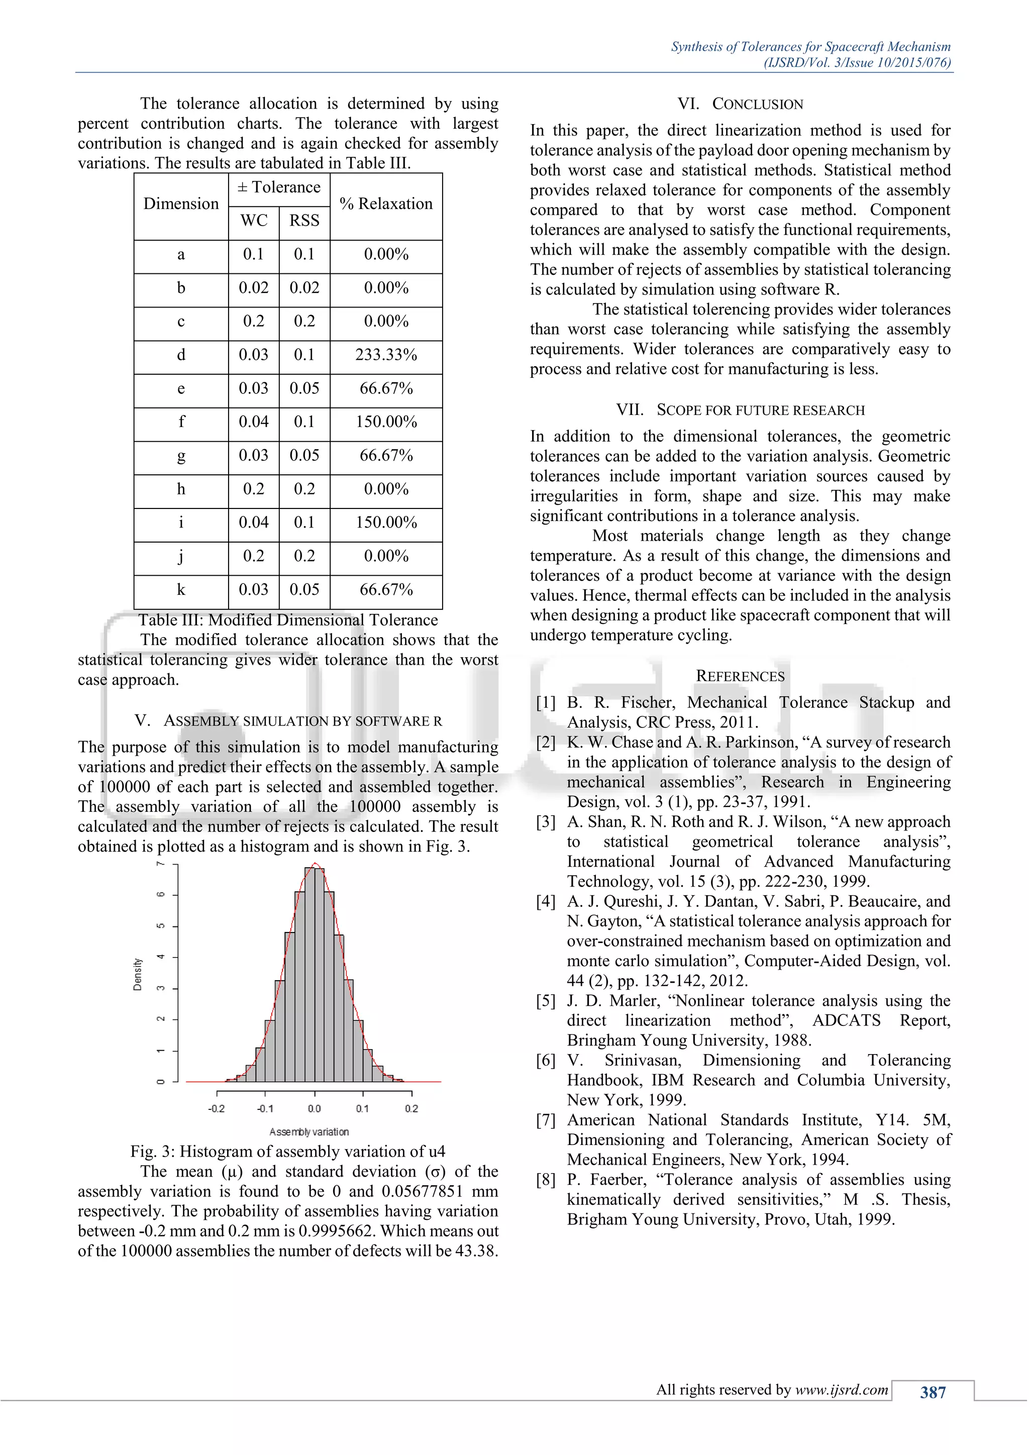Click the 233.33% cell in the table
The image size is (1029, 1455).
click(386, 355)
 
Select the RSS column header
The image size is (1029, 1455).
click(304, 221)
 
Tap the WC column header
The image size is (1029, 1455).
click(253, 221)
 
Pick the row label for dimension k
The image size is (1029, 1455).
click(181, 590)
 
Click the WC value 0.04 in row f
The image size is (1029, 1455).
click(253, 422)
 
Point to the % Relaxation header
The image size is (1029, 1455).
click(386, 204)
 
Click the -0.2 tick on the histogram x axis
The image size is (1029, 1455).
click(217, 1108)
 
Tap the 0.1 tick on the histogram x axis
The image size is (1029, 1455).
click(362, 1108)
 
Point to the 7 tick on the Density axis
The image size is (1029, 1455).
click(161, 864)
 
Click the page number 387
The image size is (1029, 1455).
click(933, 1392)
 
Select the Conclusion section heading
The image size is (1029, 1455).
click(740, 104)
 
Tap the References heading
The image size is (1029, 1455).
click(740, 676)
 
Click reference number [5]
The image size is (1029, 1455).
click(546, 1001)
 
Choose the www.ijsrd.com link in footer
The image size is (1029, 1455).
click(842, 1390)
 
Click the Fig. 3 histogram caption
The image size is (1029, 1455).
click(288, 1152)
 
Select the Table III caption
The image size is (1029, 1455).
click(288, 620)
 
